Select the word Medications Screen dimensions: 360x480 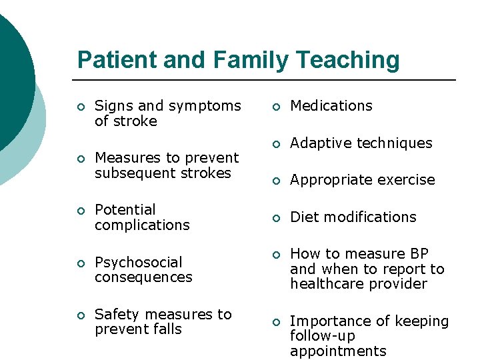(x=331, y=106)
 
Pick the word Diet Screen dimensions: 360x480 (x=303, y=217)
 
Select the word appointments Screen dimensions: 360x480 (x=338, y=351)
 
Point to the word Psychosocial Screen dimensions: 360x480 (x=139, y=262)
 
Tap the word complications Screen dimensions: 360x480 (x=142, y=225)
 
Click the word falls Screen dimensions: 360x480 (x=167, y=329)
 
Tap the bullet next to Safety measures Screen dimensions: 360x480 (x=80, y=315)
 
